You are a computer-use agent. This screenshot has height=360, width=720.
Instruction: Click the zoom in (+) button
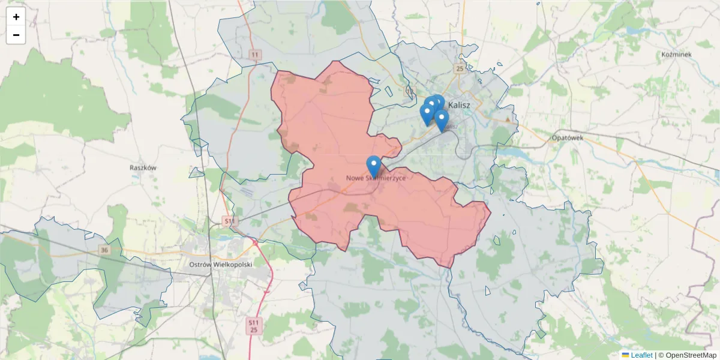click(16, 17)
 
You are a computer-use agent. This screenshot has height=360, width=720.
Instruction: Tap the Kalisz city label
click(459, 104)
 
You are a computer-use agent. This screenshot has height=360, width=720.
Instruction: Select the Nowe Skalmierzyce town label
click(376, 178)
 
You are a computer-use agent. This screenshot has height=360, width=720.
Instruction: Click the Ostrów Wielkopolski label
click(220, 264)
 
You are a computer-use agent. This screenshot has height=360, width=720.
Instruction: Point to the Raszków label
click(143, 168)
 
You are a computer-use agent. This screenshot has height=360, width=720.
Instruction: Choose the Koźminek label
click(676, 55)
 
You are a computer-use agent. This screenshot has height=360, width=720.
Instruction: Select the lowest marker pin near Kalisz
click(442, 121)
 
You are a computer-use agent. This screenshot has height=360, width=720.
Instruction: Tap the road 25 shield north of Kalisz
click(460, 68)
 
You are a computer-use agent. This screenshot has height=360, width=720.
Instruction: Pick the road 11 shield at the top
click(256, 55)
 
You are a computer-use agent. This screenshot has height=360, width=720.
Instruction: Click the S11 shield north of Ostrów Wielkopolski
click(229, 222)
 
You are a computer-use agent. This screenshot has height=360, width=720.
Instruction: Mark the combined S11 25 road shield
click(254, 326)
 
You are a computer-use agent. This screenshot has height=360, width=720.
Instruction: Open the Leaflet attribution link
click(641, 355)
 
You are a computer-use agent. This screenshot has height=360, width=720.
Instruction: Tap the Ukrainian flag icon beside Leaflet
click(625, 355)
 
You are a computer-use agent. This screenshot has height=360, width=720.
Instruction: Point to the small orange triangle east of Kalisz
click(508, 119)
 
